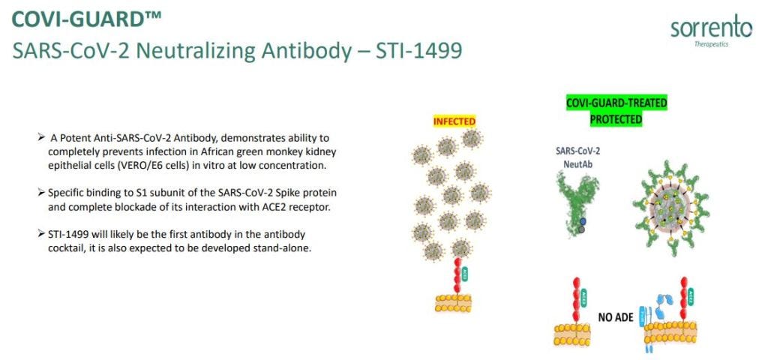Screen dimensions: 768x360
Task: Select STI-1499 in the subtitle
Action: (x=418, y=51)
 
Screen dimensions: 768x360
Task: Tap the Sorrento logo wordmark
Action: (x=711, y=29)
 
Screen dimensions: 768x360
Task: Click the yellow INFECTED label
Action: (x=454, y=121)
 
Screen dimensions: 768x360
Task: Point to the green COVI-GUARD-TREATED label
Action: (x=616, y=103)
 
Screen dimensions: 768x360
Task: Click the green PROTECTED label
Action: (x=616, y=119)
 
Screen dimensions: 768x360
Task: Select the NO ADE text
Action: (x=616, y=317)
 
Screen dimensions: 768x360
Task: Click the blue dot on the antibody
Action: (x=581, y=221)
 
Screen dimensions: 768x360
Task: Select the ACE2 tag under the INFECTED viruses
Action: (x=465, y=274)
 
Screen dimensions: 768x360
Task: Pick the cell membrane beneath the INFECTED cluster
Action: (x=453, y=303)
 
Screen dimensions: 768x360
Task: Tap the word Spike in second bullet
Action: (x=279, y=193)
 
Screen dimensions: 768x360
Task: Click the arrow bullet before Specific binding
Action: (x=41, y=193)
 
